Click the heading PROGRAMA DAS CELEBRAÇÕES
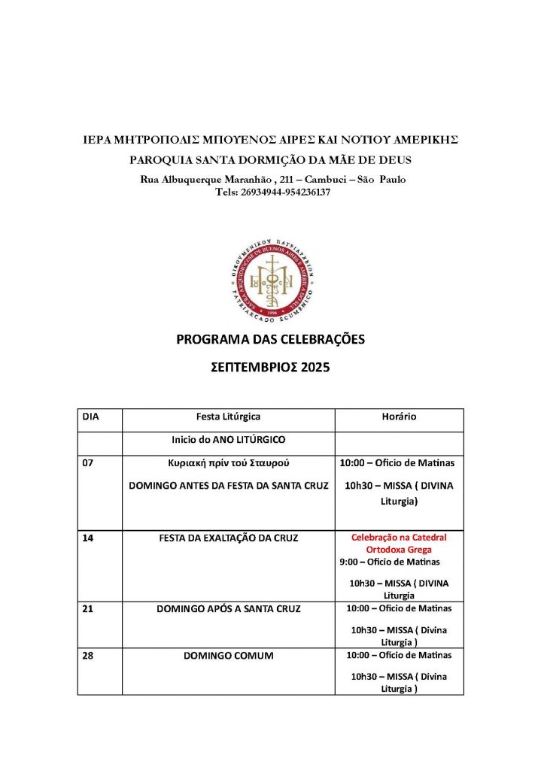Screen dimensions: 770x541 click(x=270, y=340)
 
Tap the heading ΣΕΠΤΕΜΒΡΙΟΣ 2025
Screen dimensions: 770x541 click(x=270, y=368)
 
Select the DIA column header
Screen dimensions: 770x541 click(x=90, y=416)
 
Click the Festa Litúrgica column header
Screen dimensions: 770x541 click(x=228, y=416)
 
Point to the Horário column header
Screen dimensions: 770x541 click(x=399, y=416)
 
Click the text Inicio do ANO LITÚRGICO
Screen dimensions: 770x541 click(x=228, y=439)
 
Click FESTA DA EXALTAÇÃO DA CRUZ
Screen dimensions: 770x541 click(x=228, y=538)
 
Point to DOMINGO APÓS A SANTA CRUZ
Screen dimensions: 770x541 click(x=228, y=608)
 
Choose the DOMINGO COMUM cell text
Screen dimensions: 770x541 click(x=228, y=655)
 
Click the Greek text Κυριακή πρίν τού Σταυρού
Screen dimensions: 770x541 click(x=228, y=463)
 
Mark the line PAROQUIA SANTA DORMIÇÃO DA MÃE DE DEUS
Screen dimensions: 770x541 click(x=270, y=159)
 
